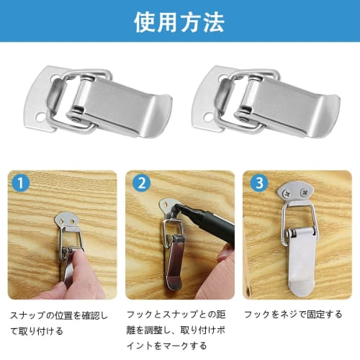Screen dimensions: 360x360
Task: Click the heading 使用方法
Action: pyautogui.click(x=179, y=21)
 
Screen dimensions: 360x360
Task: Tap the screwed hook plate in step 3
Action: pyautogui.click(x=296, y=193)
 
